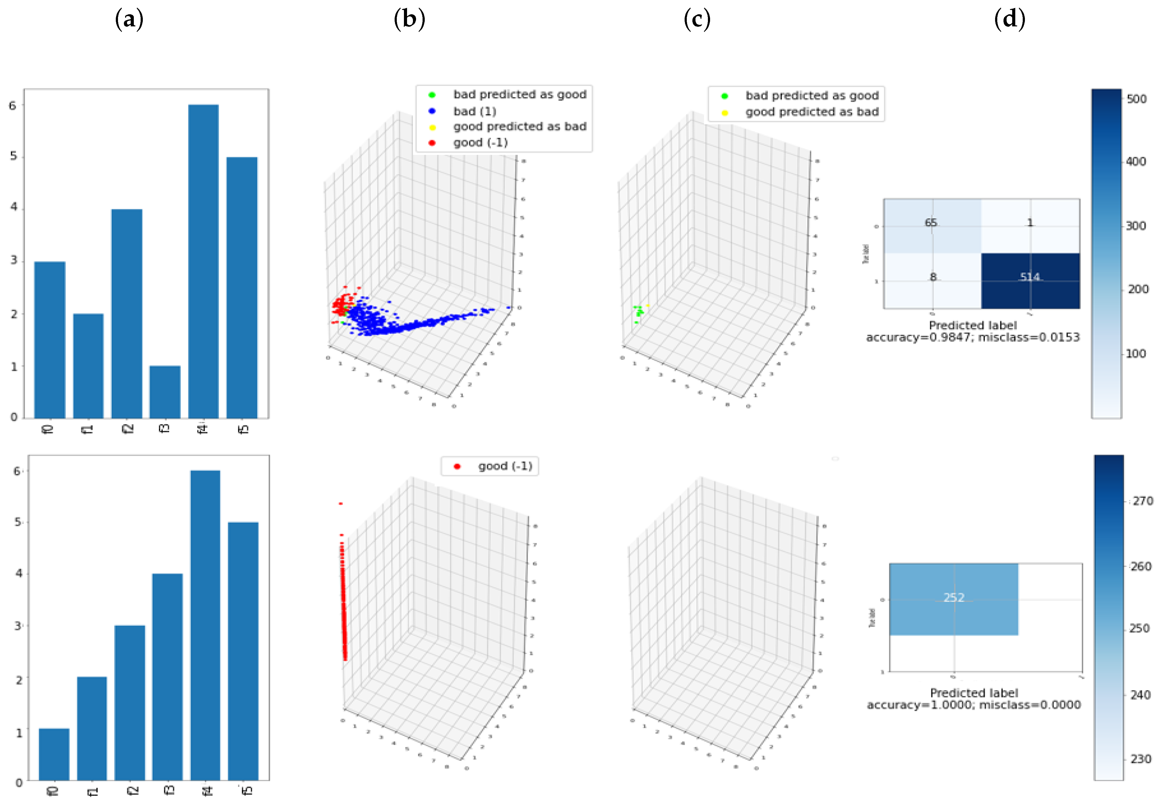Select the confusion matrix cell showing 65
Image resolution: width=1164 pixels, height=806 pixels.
coord(932,225)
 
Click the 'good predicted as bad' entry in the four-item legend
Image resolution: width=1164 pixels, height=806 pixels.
coord(519,127)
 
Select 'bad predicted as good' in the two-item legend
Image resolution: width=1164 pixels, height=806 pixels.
coord(811,96)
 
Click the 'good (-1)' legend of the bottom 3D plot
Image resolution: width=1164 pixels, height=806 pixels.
coord(505,466)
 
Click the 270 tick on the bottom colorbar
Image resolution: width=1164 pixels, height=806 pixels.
coord(1142,501)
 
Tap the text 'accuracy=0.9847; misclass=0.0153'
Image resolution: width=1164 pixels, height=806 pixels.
coord(972,337)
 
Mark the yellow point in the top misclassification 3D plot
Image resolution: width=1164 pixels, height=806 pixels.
coord(648,305)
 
